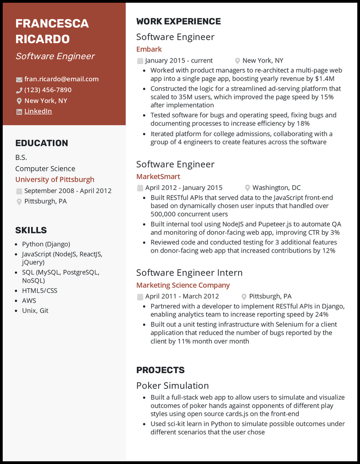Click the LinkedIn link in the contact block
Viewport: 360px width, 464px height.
[x=38, y=112]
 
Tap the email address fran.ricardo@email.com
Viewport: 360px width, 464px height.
[x=62, y=79]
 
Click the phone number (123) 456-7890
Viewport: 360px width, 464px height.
[x=48, y=90]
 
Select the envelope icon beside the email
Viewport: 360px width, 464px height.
[x=19, y=80]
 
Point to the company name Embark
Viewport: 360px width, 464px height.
[x=149, y=49]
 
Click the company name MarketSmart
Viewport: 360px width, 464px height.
[x=158, y=176]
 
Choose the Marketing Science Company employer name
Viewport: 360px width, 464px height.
[x=183, y=285]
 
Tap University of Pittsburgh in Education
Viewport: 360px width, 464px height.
[x=55, y=179]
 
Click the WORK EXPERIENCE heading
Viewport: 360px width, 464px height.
[x=179, y=22]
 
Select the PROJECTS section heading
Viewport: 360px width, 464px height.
[x=161, y=370]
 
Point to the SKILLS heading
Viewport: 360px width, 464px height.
[x=31, y=230]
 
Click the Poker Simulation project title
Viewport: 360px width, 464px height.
[x=172, y=385]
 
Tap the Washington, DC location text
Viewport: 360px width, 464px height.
[x=276, y=187]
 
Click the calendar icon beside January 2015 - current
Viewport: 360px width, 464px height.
[x=140, y=61]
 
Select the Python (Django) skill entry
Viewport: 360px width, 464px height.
[x=46, y=244]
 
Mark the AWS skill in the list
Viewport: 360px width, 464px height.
[x=29, y=300]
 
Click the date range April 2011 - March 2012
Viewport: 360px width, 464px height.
[x=182, y=296]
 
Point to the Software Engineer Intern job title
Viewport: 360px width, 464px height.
[x=189, y=272]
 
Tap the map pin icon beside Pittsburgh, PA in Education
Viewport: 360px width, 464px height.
[x=19, y=202]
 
